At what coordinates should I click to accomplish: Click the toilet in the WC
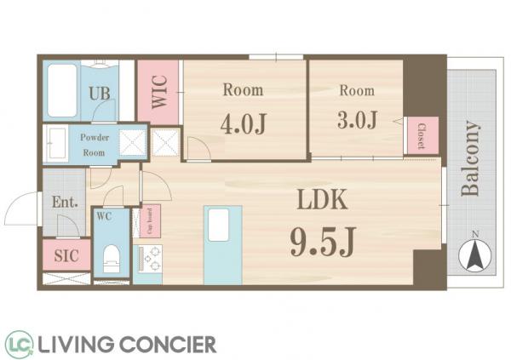point(111,258)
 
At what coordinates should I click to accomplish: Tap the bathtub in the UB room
point(62,90)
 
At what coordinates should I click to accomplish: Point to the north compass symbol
point(475,255)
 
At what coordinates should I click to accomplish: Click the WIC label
point(159,92)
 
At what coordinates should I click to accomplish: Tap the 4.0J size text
point(244,123)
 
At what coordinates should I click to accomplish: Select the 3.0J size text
point(357,120)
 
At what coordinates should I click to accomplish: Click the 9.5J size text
point(322,242)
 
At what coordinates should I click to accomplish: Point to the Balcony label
point(470,158)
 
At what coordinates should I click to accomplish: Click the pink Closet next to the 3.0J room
point(422,135)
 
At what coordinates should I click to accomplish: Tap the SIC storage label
point(66,256)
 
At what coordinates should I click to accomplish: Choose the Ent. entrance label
point(65,203)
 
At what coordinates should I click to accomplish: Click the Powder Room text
point(95,145)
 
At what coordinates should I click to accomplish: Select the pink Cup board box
point(150,221)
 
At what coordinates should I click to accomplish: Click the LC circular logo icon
point(19,344)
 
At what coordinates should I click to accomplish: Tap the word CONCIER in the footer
point(168,345)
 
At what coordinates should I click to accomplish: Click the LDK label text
point(322,199)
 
